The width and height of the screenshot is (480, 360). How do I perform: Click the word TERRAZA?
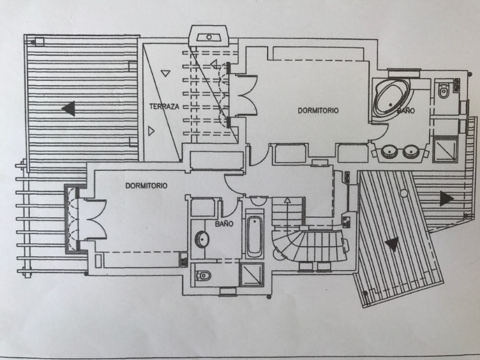point(164,106)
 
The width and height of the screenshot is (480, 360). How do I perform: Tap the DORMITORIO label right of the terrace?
point(319,110)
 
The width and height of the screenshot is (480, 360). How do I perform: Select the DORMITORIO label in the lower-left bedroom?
point(146,186)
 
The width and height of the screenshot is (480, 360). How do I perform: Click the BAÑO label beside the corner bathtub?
point(406,111)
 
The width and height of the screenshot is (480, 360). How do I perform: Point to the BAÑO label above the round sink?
point(223,224)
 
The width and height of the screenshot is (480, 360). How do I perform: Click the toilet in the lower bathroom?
point(203,276)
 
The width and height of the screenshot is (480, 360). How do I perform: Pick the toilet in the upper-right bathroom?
point(443,92)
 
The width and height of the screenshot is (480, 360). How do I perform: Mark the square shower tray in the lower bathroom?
point(251,274)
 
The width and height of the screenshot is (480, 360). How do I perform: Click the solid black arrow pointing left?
point(70,109)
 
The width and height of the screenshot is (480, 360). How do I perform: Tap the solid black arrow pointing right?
point(445,198)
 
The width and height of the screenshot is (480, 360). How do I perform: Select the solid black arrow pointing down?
point(392,244)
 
